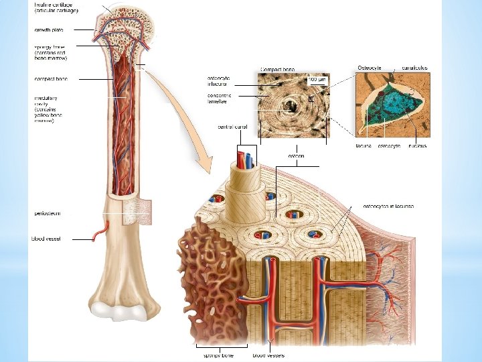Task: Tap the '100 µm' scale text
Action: click(316, 79)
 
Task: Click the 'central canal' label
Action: click(231, 127)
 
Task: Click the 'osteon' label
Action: click(296, 156)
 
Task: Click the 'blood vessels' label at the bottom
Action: click(268, 355)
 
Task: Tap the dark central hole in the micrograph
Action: click(291, 105)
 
